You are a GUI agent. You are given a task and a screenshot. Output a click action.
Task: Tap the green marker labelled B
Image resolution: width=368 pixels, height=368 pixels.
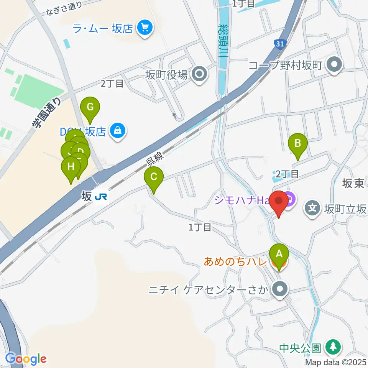[298, 144]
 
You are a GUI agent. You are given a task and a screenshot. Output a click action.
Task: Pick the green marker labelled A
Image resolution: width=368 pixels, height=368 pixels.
[279, 254]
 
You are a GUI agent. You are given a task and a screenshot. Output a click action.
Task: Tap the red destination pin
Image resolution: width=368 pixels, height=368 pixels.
[279, 201]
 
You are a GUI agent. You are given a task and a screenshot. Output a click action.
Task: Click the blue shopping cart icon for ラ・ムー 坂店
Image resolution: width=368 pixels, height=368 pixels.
[145, 28]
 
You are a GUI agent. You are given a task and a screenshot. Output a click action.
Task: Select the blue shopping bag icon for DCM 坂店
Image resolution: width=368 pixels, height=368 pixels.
[117, 131]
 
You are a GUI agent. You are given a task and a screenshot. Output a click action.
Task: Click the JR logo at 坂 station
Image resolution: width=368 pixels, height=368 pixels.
[101, 197]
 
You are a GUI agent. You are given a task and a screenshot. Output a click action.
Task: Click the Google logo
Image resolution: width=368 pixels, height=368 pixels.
[26, 358]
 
